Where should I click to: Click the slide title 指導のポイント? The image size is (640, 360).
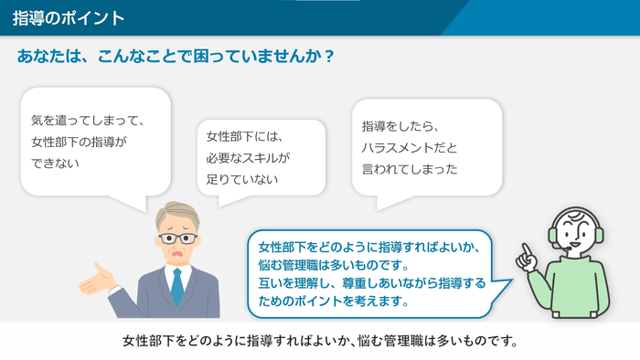tap(69, 18)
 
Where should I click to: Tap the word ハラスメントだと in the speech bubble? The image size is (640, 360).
tap(409, 147)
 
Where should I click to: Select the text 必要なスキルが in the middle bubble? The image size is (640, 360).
tap(248, 158)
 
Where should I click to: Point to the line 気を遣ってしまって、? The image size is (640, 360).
tap(89, 120)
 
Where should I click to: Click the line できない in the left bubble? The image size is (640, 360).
tap(56, 164)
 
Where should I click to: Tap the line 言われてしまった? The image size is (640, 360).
tap(410, 169)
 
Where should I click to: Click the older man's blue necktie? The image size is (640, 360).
tap(176, 285)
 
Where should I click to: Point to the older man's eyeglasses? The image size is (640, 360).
tap(177, 238)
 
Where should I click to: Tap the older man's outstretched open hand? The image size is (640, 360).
tap(96, 279)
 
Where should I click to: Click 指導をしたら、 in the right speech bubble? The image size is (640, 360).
tap(401, 125)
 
